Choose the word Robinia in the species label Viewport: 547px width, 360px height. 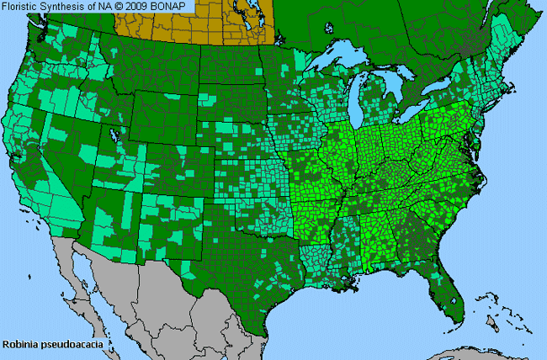click(x=19, y=344)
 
